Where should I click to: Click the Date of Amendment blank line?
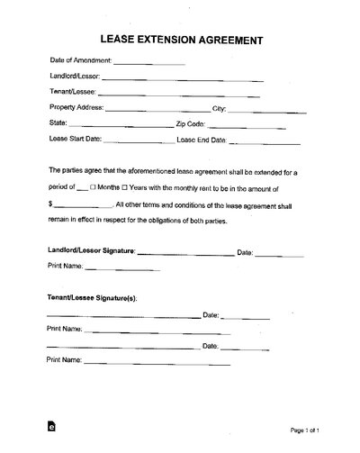(149, 63)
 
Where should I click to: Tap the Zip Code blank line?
(254, 125)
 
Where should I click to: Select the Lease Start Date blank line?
(137, 141)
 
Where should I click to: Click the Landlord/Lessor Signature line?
(184, 253)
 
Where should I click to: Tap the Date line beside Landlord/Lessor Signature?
(280, 253)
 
